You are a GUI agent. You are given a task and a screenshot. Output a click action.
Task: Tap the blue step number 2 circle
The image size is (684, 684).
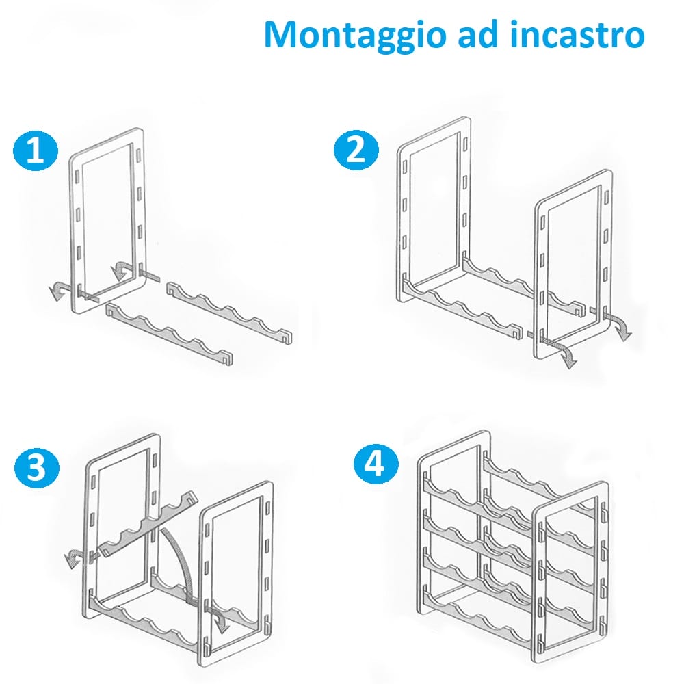click(355, 150)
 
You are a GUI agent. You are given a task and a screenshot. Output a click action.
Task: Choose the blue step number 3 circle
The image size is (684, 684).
click(36, 469)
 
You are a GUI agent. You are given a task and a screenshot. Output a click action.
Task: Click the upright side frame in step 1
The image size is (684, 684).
click(75, 226)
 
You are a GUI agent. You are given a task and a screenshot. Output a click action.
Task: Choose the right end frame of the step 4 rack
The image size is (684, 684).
click(537, 581)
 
